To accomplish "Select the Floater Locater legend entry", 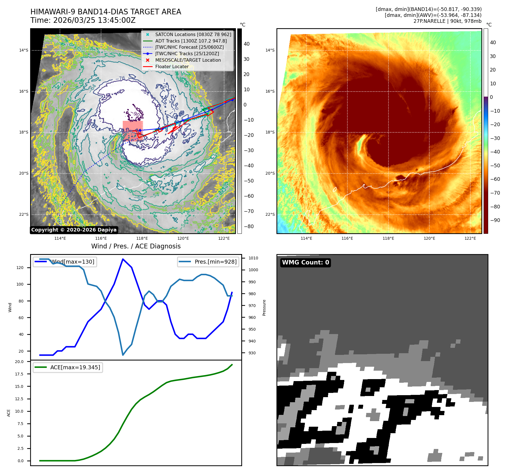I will point(172,67).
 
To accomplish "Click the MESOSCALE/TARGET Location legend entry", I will point(188,60).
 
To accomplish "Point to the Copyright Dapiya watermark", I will point(74,230).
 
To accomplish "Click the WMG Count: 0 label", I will point(305,263).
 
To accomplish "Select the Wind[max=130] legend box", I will point(65,262).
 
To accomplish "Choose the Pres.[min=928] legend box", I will point(208,262).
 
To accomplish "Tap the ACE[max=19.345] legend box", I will point(68,367).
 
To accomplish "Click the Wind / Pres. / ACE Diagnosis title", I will point(136,246).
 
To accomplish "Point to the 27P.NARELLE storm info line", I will point(447,21).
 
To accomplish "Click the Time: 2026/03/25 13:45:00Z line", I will point(83,21).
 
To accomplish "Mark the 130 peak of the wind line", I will point(123,259).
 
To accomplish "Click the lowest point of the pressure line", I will point(123,355).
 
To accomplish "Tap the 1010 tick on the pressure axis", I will point(253,258).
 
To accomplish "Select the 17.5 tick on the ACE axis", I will point(19,374).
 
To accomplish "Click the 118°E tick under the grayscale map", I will point(142,239).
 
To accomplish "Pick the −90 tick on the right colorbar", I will point(495,220).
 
